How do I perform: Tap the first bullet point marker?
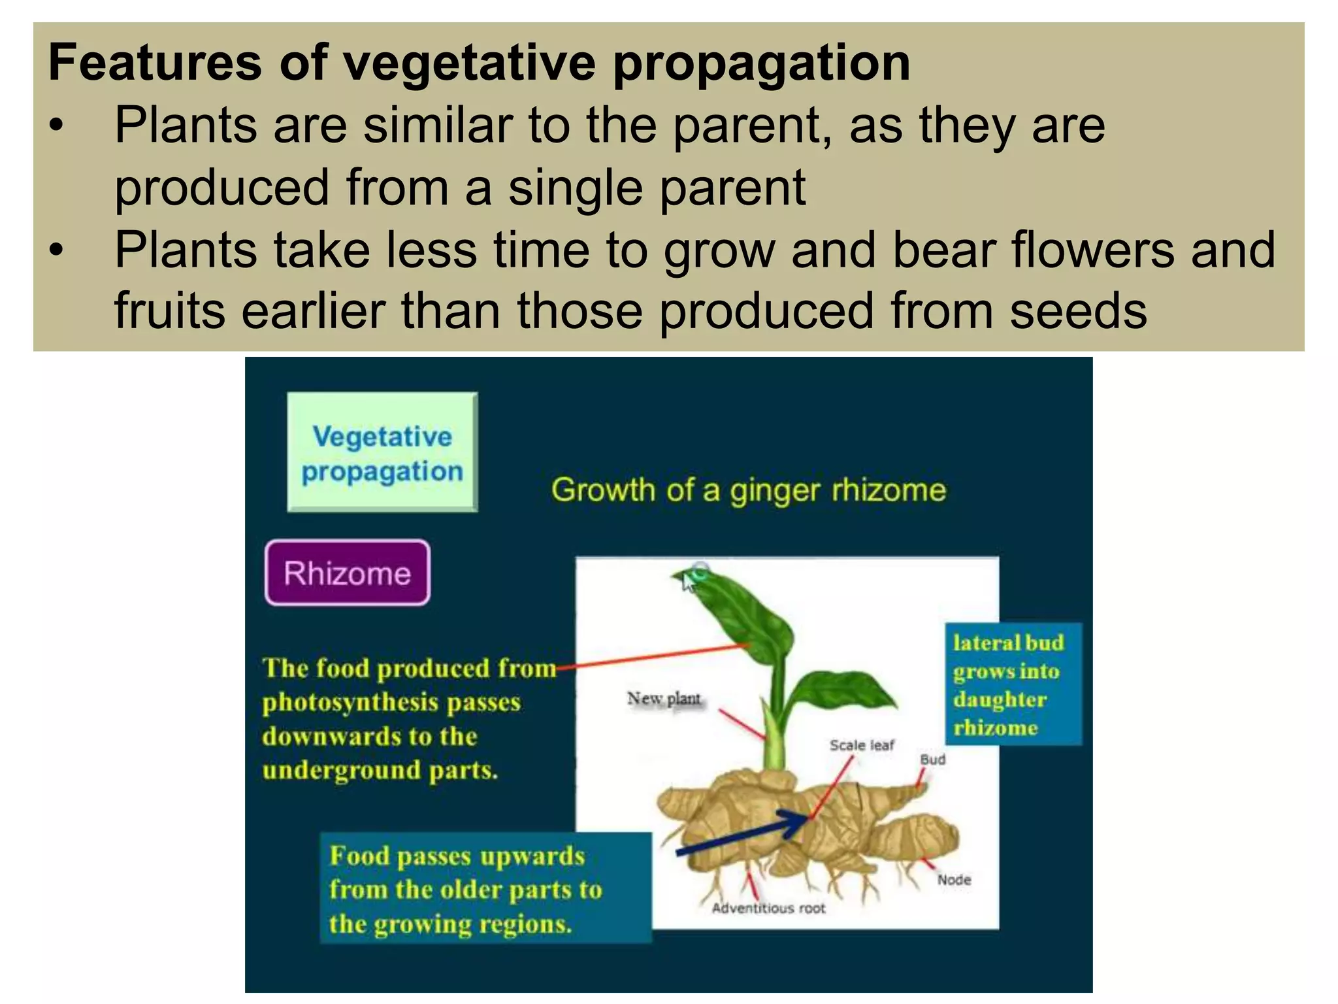(57, 126)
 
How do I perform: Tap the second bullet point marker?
(57, 250)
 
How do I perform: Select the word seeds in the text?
(1078, 311)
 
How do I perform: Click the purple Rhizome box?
(348, 573)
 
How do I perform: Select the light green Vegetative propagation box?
(382, 452)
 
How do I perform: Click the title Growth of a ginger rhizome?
(748, 490)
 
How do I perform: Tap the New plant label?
(664, 699)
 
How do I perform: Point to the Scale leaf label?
(861, 745)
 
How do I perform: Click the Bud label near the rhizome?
(932, 760)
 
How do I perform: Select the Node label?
(954, 880)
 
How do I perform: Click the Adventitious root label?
(768, 909)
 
